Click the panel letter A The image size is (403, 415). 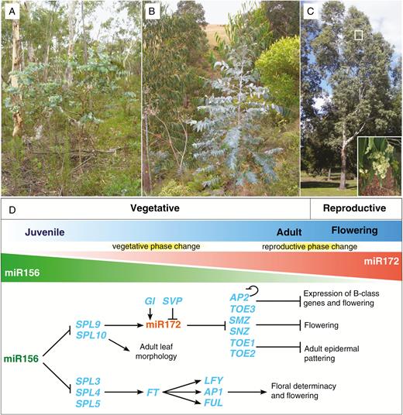pyautogui.click(x=12, y=12)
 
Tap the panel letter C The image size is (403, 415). pyautogui.click(x=310, y=12)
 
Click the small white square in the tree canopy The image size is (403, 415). pyautogui.click(x=358, y=35)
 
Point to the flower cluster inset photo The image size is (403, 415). pyautogui.click(x=380, y=166)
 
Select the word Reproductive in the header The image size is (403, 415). pyautogui.click(x=354, y=208)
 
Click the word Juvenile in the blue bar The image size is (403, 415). pyautogui.click(x=45, y=232)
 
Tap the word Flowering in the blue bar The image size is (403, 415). pyautogui.click(x=354, y=230)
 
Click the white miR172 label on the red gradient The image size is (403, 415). pyautogui.click(x=381, y=262)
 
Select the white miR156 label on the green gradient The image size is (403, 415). pyautogui.click(x=22, y=273)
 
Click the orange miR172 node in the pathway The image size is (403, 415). pyautogui.click(x=164, y=324)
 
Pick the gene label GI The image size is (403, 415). pyautogui.click(x=150, y=301)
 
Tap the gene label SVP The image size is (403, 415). pyautogui.click(x=173, y=301)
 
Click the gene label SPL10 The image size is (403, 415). pyautogui.click(x=91, y=335)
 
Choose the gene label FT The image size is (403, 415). pyautogui.click(x=153, y=393)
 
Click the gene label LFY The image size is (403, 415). pyautogui.click(x=214, y=381)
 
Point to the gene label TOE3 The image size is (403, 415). pyautogui.click(x=243, y=309)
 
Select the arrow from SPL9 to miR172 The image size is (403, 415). pyautogui.click(x=124, y=325)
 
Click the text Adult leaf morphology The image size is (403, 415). pyautogui.click(x=156, y=352)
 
